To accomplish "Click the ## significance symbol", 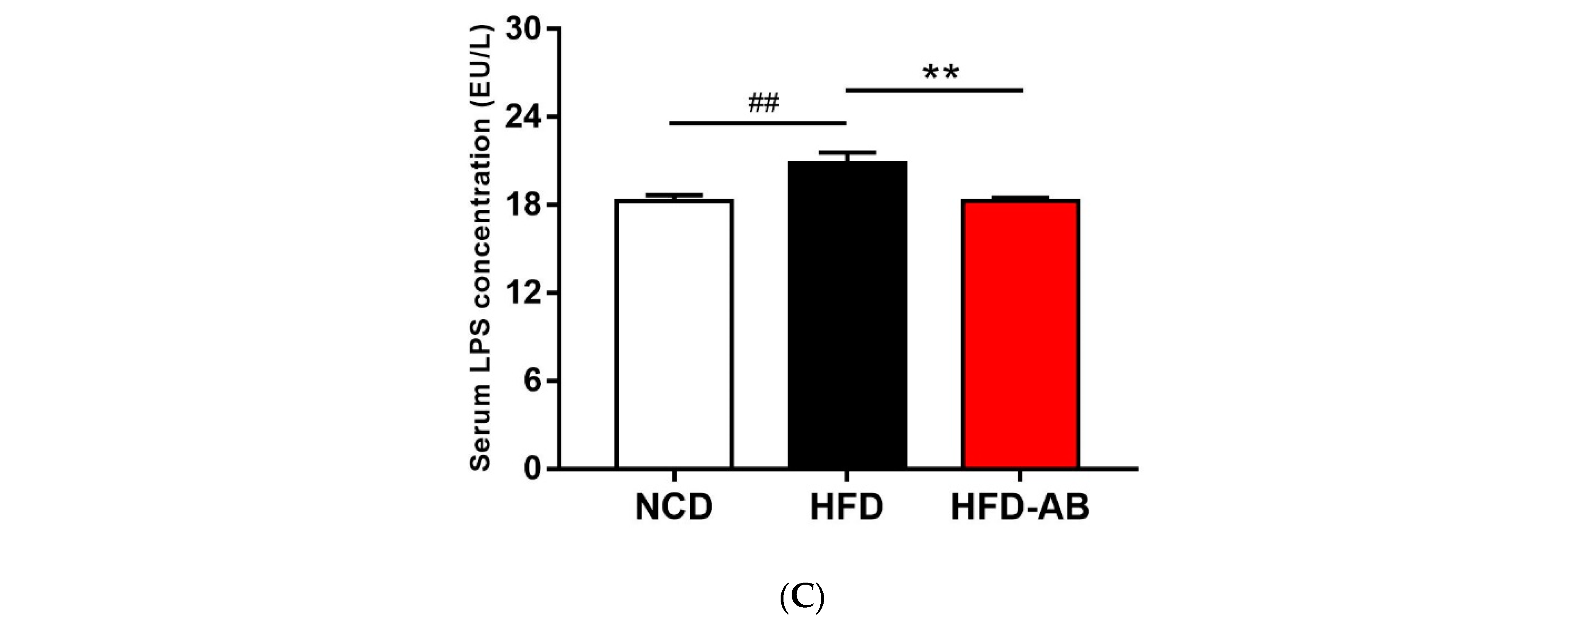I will coord(763,104).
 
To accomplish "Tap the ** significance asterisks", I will coord(941,73).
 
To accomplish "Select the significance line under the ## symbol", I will coord(757,123).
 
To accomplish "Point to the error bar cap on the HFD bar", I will coord(847,152).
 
